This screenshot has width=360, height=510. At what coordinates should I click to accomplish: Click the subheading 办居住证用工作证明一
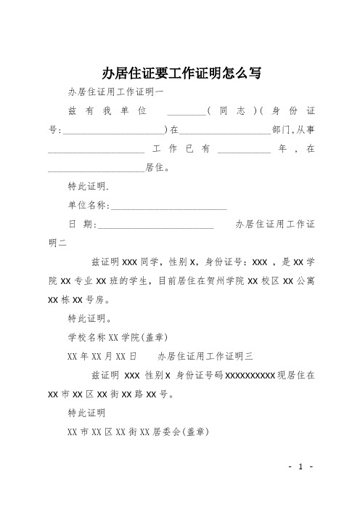pos(115,92)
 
